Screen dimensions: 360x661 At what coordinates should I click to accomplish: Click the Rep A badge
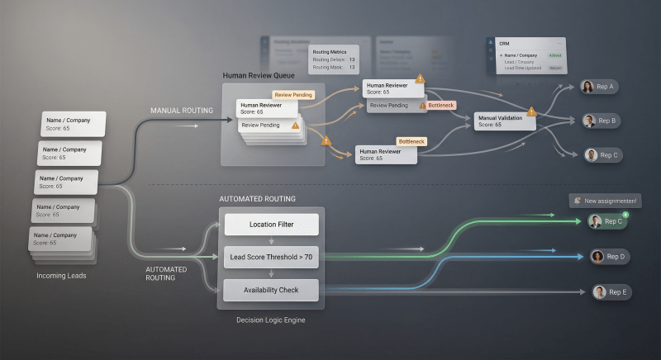(599, 87)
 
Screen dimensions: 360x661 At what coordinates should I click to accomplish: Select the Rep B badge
(601, 121)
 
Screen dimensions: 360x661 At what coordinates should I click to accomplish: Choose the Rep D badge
(609, 257)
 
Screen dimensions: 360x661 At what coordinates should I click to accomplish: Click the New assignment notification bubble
(606, 201)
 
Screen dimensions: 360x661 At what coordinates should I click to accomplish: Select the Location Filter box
(271, 225)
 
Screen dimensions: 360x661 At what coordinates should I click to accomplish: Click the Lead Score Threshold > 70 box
(271, 258)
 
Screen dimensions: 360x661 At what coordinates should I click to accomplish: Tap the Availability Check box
(271, 290)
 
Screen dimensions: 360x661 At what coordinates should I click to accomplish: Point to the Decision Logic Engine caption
(270, 320)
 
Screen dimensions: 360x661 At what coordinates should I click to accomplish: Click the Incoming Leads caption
(62, 275)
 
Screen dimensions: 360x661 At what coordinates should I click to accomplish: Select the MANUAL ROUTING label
(181, 110)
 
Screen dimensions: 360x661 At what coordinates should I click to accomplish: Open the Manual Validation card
(504, 121)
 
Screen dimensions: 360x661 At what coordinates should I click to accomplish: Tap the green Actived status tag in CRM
(554, 55)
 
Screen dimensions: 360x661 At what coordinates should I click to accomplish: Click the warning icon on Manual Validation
(531, 111)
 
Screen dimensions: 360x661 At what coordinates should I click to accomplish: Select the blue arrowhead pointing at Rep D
(578, 256)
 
